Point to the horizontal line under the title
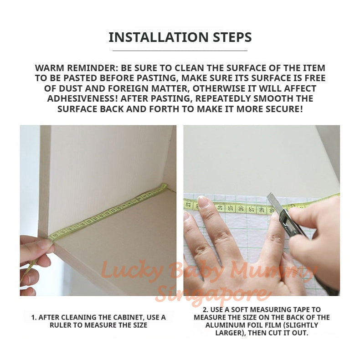[x=180, y=50]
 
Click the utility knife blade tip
[x=269, y=195]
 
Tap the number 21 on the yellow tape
[x=188, y=205]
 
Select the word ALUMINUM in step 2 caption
[x=222, y=325]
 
